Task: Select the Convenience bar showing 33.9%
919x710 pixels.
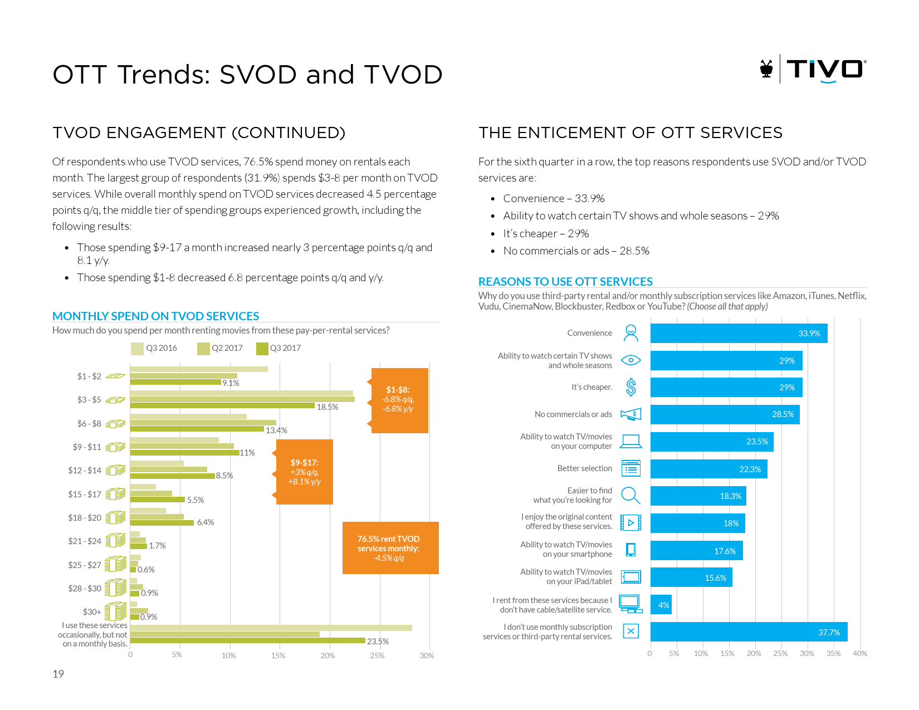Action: point(739,334)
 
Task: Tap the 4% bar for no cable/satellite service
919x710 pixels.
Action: point(661,605)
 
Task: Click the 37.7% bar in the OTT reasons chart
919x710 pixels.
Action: point(749,632)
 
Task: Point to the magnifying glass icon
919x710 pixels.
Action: point(630,495)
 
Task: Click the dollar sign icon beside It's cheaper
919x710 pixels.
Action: point(630,387)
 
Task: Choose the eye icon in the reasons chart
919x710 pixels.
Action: point(630,360)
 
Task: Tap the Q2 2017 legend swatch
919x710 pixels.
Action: point(203,349)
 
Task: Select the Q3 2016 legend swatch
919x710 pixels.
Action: point(137,349)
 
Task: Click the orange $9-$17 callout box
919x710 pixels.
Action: point(305,472)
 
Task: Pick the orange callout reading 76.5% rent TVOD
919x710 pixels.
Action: point(390,548)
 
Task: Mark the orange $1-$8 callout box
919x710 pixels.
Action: point(399,400)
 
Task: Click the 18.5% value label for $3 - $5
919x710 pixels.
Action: point(327,407)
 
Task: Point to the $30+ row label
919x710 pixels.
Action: point(92,612)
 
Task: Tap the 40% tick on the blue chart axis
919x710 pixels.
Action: point(859,654)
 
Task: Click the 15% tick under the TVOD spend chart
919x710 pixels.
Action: point(278,656)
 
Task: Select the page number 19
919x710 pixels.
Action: point(58,674)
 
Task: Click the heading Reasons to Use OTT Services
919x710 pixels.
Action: point(565,282)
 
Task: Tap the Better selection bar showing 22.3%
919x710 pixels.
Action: point(708,469)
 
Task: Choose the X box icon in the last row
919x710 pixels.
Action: point(630,631)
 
